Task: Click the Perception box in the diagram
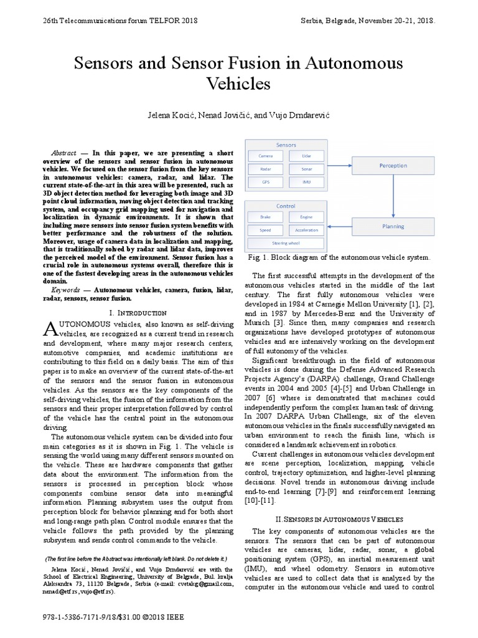[393, 166]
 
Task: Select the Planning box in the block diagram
[393, 226]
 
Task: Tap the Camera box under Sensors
[266, 156]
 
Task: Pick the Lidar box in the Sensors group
[307, 156]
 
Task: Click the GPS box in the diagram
[266, 183]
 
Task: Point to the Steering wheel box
[286, 242]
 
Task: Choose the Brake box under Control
[266, 216]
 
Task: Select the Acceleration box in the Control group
[307, 229]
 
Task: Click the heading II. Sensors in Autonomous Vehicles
[340, 518]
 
